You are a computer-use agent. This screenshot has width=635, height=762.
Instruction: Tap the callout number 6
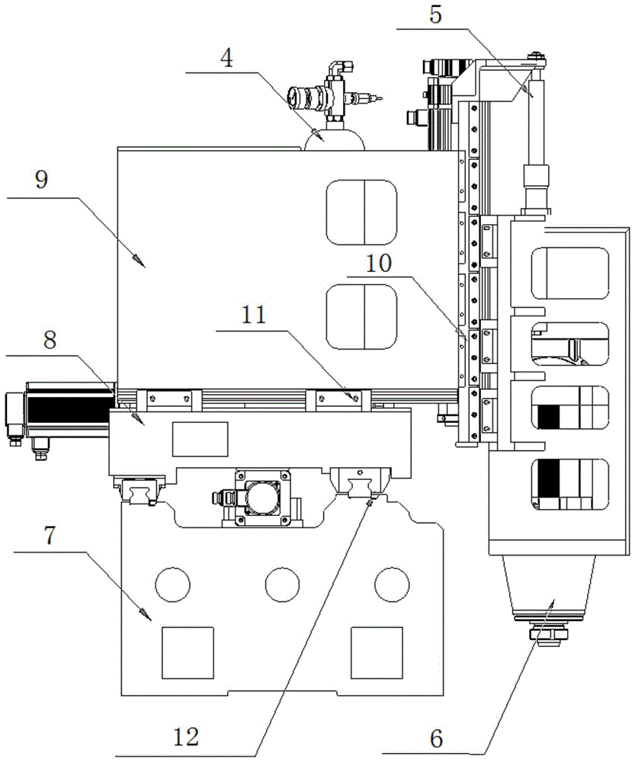click(x=437, y=738)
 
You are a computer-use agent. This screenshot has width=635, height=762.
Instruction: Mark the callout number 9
click(x=42, y=181)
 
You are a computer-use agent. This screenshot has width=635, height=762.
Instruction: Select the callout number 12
click(x=187, y=737)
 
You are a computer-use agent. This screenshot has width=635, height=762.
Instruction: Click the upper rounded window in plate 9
click(x=361, y=212)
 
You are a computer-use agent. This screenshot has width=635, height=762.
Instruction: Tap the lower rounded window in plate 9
click(x=361, y=317)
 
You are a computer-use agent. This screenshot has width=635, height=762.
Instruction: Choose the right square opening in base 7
click(x=376, y=652)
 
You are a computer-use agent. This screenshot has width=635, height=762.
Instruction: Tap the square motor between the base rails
click(x=263, y=498)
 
